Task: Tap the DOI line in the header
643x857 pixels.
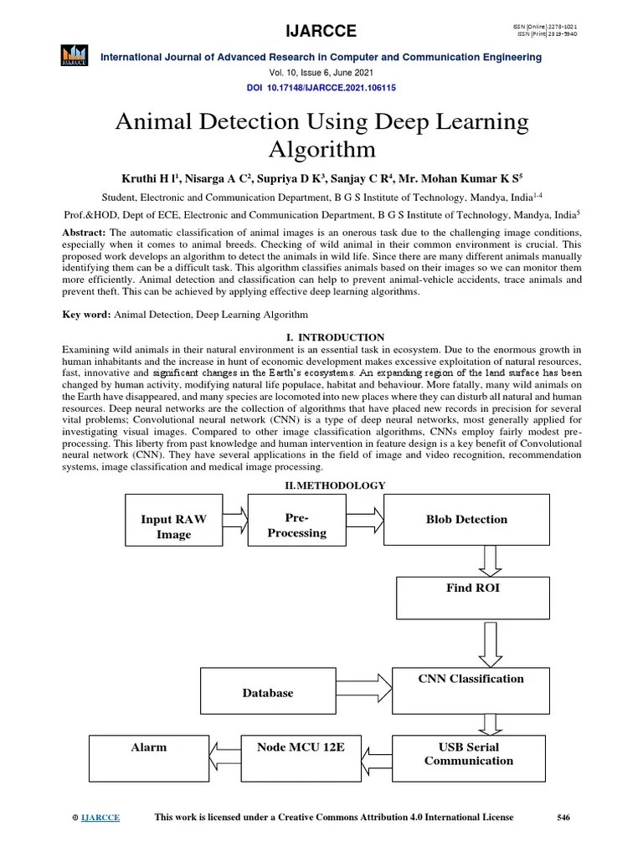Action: point(321,87)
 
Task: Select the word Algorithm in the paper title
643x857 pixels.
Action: point(321,150)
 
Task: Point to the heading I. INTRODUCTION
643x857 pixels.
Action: point(321,337)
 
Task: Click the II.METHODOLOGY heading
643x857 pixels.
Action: point(322,485)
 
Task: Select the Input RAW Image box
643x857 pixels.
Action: point(173,526)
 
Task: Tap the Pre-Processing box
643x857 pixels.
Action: point(297,526)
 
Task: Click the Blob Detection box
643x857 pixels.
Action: point(466,520)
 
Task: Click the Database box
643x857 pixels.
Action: point(268,693)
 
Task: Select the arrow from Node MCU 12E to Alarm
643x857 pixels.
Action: point(225,757)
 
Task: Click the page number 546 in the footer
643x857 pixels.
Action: point(563,818)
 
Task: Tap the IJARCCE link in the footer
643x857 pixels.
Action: point(100,819)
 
